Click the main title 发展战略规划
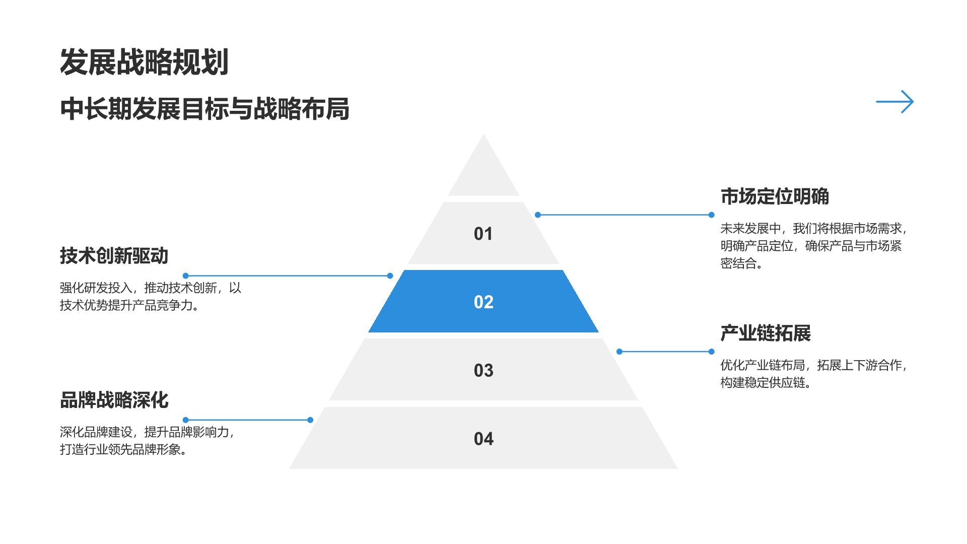[x=145, y=62]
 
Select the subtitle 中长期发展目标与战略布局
[x=204, y=108]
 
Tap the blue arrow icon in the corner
[x=894, y=102]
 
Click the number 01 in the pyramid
[x=483, y=234]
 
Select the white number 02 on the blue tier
[x=483, y=302]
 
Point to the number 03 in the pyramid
[x=483, y=370]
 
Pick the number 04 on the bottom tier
[x=483, y=439]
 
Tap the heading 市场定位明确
[x=775, y=196]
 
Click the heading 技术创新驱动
[x=114, y=255]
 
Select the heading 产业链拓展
[x=766, y=333]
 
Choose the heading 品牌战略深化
[x=114, y=400]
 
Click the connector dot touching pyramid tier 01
[x=538, y=215]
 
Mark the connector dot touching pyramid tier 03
[x=619, y=352]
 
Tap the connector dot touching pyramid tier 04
[x=310, y=420]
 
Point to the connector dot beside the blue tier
[x=390, y=276]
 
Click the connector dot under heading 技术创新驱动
[x=186, y=276]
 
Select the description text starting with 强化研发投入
[x=150, y=296]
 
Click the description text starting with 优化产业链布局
[x=813, y=373]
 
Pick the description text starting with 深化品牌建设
[x=147, y=440]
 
